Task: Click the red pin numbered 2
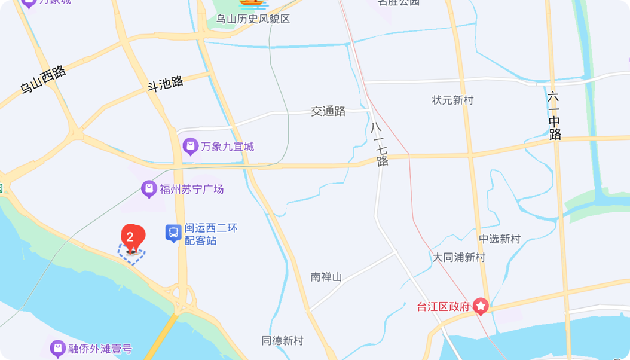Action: coord(133,237)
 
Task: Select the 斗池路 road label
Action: coord(166,83)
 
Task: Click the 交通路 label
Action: coord(328,111)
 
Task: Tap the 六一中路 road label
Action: coord(555,115)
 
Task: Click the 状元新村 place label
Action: coord(452,100)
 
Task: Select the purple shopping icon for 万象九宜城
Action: coord(190,146)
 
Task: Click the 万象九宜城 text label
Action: coord(227,147)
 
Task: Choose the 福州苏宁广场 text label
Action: coord(191,190)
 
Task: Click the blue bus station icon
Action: coord(173,233)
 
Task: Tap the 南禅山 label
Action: coord(326,277)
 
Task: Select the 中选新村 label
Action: coord(500,239)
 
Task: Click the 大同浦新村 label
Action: coord(459,258)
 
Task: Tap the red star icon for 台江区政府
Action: coord(481,307)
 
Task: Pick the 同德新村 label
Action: coord(282,341)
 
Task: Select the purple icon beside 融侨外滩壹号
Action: coord(57,347)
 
